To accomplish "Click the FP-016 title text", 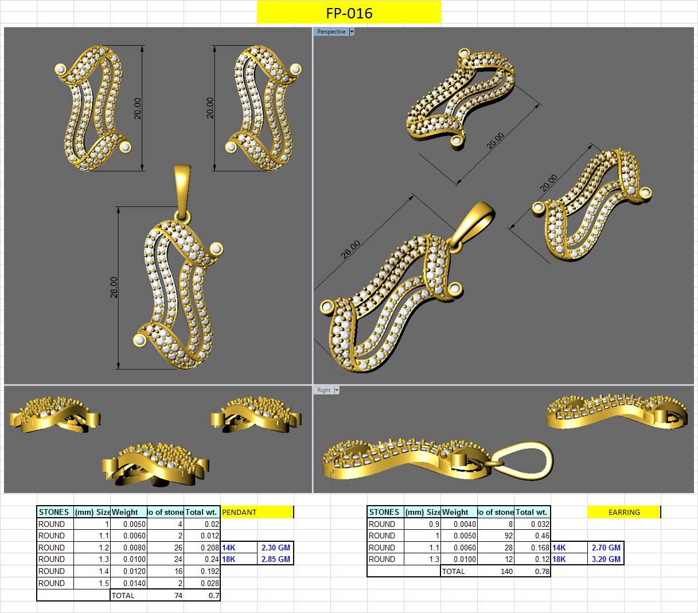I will (x=349, y=13).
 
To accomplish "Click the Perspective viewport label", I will (x=332, y=32).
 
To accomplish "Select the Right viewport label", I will (x=324, y=390).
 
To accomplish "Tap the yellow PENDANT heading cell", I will (x=256, y=512).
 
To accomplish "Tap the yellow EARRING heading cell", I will (x=624, y=512).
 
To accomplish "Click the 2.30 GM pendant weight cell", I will (x=275, y=548).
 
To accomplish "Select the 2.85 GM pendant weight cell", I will (x=275, y=559).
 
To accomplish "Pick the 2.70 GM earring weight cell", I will (x=606, y=548).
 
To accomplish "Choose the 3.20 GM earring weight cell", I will (x=606, y=559).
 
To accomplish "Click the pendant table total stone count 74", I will (x=178, y=595).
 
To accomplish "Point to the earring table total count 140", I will (x=506, y=571).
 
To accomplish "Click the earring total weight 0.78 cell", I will (x=542, y=571).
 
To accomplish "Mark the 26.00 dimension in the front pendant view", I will (x=114, y=287).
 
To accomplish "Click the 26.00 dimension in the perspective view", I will (x=350, y=249).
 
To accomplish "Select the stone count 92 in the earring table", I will (x=508, y=536).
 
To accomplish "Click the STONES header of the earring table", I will (x=384, y=512).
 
